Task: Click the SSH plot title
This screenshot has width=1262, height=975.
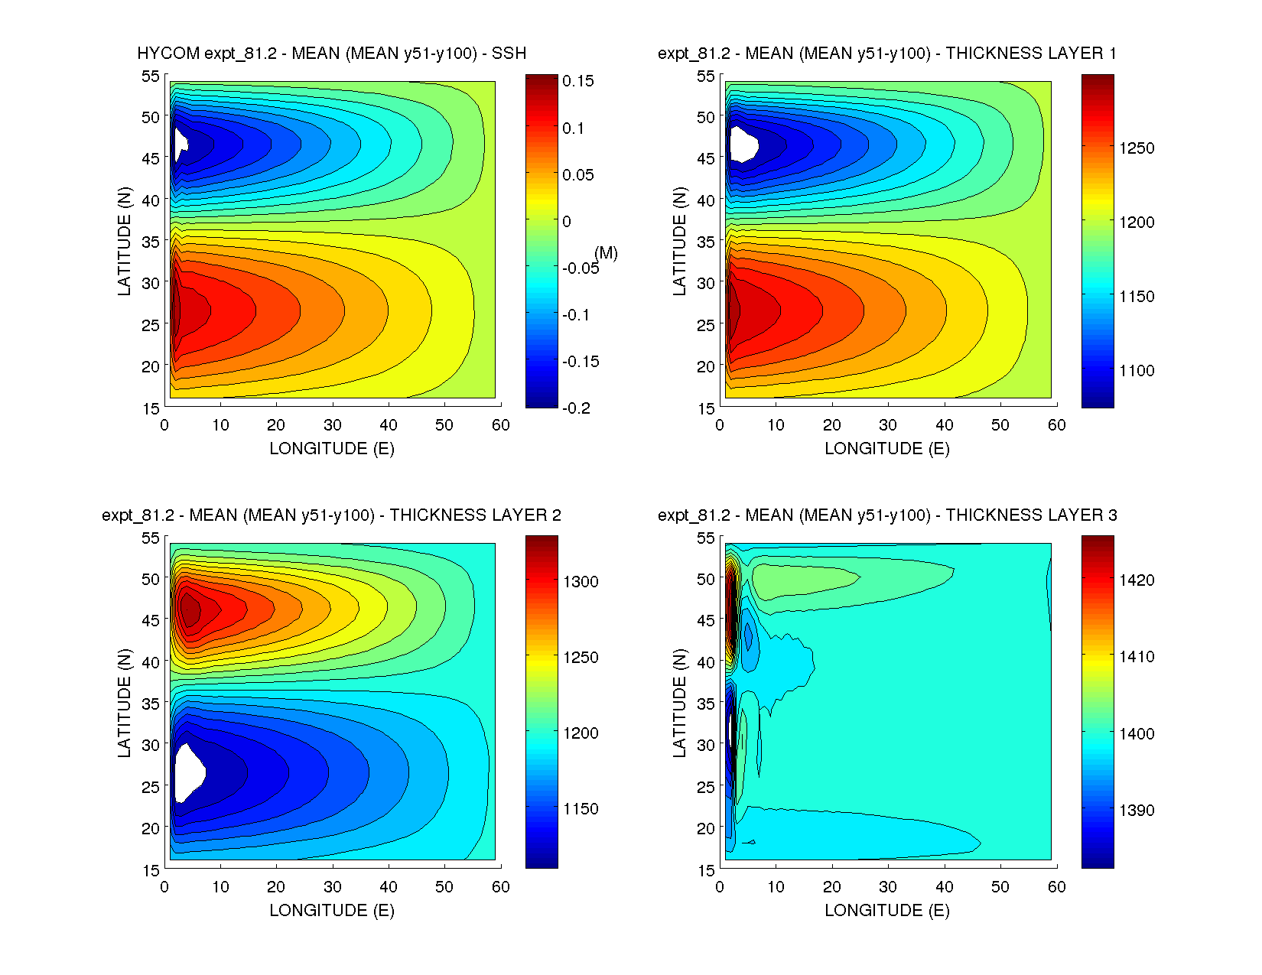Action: pyautogui.click(x=332, y=54)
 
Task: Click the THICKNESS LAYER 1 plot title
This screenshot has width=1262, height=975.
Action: pyautogui.click(x=887, y=54)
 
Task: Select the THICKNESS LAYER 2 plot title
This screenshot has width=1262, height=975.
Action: pyautogui.click(x=332, y=515)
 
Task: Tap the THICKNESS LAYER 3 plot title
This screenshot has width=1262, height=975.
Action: pyautogui.click(x=887, y=515)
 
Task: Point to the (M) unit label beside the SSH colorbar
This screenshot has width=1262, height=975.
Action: pyautogui.click(x=606, y=253)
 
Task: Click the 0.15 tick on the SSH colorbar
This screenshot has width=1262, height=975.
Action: pyautogui.click(x=577, y=82)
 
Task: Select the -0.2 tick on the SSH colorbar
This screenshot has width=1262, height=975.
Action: pyautogui.click(x=577, y=408)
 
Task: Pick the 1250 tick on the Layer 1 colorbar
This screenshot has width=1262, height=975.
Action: pyautogui.click(x=1137, y=148)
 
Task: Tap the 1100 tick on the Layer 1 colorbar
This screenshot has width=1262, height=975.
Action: pyautogui.click(x=1137, y=371)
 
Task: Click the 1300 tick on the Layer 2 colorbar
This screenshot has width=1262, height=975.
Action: pyautogui.click(x=581, y=582)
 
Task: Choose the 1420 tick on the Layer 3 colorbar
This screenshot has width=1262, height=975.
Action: pyautogui.click(x=1137, y=580)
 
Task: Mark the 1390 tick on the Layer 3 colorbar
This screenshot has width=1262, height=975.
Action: pyautogui.click(x=1137, y=811)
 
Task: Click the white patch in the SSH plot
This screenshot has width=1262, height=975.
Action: pyautogui.click(x=181, y=143)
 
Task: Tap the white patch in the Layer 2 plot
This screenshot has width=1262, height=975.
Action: pyautogui.click(x=188, y=772)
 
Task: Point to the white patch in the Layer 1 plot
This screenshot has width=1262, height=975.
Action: pyautogui.click(x=742, y=144)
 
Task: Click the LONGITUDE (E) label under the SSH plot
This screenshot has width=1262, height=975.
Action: pyautogui.click(x=332, y=449)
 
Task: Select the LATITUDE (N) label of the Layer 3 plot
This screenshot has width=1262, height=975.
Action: pyautogui.click(x=679, y=703)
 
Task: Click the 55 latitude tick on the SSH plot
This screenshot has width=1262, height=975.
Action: pyautogui.click(x=151, y=76)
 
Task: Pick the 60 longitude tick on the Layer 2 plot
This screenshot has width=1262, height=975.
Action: pyautogui.click(x=501, y=887)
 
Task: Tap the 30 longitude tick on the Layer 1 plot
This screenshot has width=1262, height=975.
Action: pyautogui.click(x=888, y=425)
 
